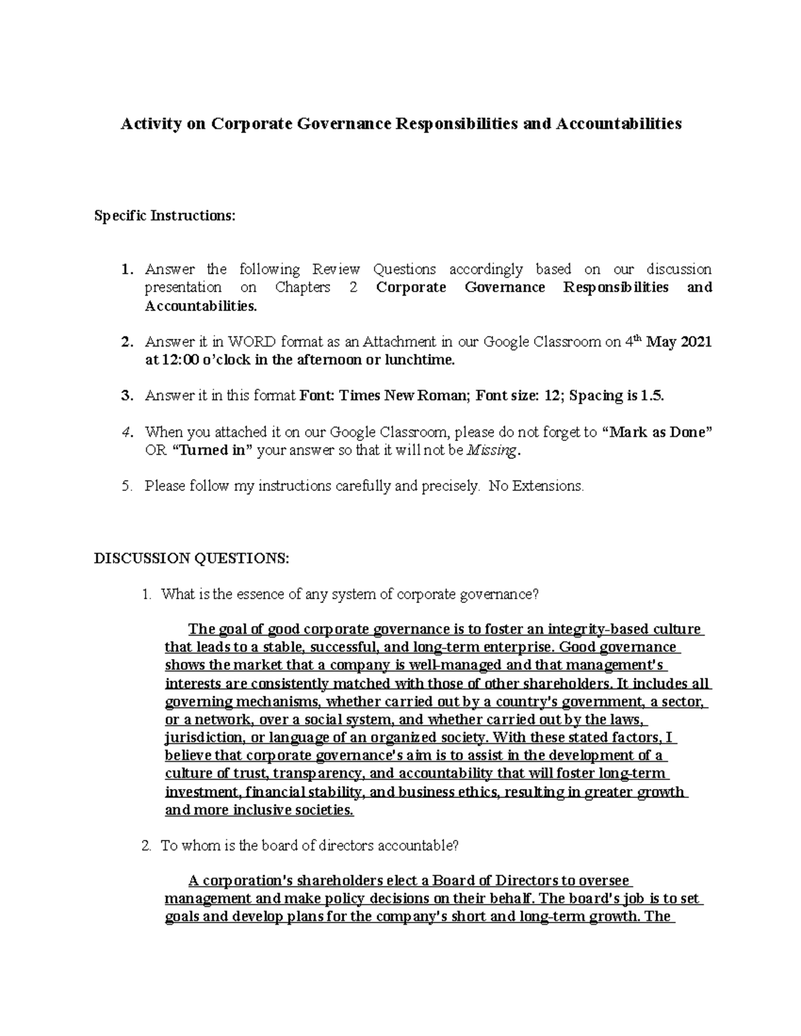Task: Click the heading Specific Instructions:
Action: tap(165, 216)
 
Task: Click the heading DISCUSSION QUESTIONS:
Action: tap(192, 558)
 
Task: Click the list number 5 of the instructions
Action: tap(126, 486)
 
